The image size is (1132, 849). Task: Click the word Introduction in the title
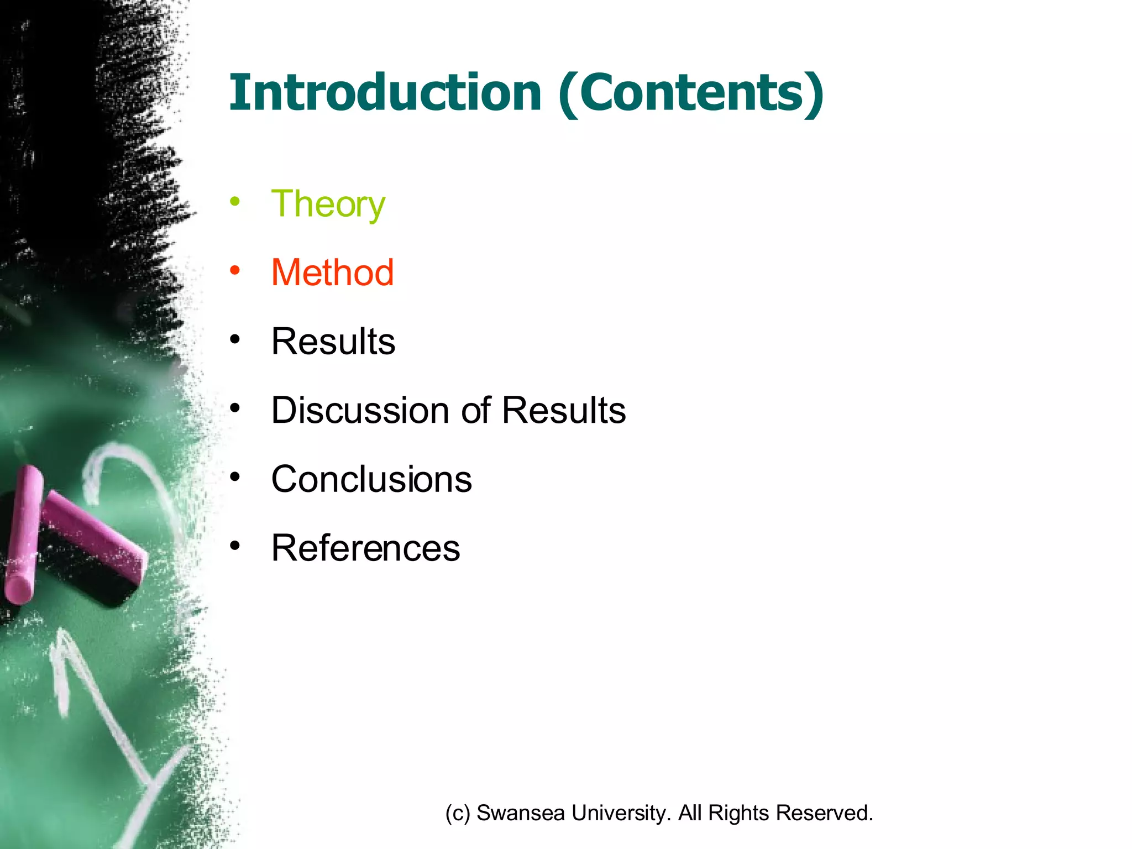click(x=385, y=92)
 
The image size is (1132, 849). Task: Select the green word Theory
click(x=328, y=205)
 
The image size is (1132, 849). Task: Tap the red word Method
click(x=332, y=272)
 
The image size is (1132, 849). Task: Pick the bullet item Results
click(x=333, y=341)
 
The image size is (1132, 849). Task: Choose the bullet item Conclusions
click(x=371, y=479)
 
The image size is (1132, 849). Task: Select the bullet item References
click(x=365, y=548)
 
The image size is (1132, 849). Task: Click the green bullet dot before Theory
click(x=235, y=201)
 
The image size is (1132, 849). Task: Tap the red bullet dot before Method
click(x=235, y=270)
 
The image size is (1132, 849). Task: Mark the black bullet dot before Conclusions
click(x=235, y=476)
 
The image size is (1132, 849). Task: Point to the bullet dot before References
click(x=235, y=546)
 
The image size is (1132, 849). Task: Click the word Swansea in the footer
click(x=520, y=813)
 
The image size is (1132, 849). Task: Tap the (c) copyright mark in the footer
click(x=457, y=813)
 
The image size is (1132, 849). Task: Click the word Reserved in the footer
click(x=824, y=813)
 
